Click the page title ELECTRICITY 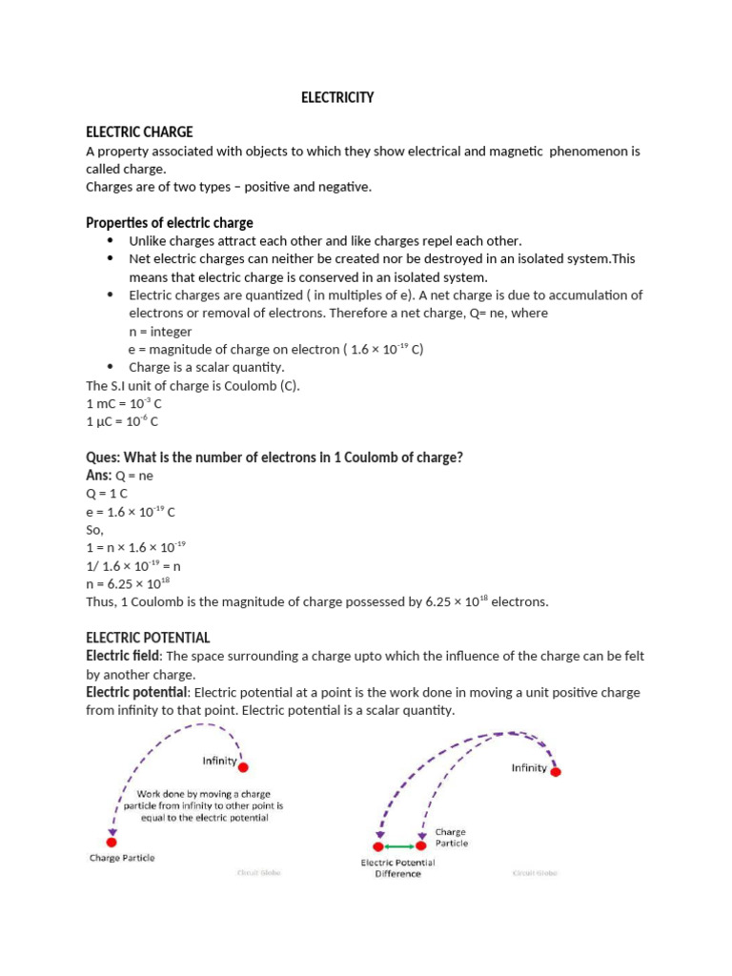[337, 98]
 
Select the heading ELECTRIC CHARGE [139, 132]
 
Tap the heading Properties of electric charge [170, 223]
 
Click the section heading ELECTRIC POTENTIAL [148, 638]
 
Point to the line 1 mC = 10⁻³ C [124, 404]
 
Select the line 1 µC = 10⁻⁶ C [122, 421]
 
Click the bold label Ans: [99, 475]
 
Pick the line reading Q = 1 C [107, 494]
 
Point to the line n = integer [160, 332]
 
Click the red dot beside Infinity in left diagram [244, 767]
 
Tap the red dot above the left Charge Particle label [112, 842]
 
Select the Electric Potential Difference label [397, 868]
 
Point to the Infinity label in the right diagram [530, 768]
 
